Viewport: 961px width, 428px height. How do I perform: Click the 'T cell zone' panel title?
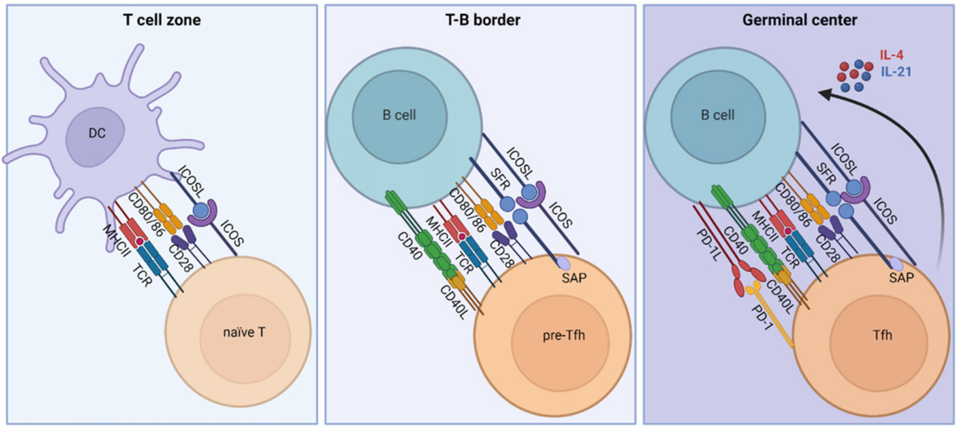161,20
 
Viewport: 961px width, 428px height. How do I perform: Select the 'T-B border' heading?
482,20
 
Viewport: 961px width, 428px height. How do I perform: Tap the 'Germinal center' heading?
800,20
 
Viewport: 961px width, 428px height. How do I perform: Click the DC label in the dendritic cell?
97,133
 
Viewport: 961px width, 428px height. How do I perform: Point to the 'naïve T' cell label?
244,332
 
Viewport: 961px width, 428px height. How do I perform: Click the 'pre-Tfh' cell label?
564,335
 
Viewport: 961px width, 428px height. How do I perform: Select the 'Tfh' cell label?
882,335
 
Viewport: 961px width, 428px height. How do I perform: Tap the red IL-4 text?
892,55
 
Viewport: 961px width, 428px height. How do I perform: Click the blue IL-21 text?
896,72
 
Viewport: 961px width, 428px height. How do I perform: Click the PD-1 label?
762,317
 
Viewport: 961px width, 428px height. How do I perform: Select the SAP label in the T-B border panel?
574,278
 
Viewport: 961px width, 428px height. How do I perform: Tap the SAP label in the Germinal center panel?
901,278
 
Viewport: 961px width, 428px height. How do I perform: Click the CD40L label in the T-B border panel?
454,302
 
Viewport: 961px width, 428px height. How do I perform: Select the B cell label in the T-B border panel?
399,115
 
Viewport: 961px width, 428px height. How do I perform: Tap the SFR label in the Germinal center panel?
826,174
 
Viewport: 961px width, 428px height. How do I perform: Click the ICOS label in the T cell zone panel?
232,233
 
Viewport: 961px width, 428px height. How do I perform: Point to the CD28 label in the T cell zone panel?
181,258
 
